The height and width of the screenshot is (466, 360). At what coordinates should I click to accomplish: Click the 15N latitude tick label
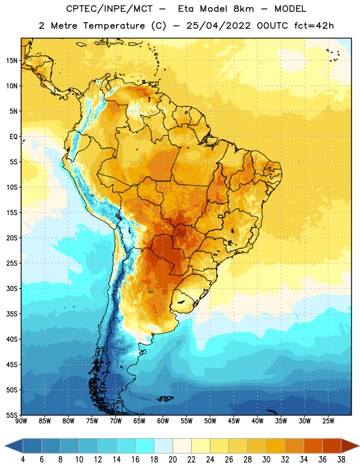tap(12, 61)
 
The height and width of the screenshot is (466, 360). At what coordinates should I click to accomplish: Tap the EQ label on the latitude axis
tap(13, 137)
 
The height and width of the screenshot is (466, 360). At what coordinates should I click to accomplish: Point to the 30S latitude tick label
tap(12, 288)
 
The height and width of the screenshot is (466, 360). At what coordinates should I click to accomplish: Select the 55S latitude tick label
tap(12, 415)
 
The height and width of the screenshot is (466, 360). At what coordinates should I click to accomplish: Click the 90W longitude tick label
tap(21, 421)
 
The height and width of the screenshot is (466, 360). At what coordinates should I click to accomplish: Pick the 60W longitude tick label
tap(163, 421)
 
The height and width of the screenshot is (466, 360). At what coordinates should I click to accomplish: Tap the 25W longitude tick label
tap(328, 421)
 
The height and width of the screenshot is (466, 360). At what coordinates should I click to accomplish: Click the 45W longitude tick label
tap(234, 421)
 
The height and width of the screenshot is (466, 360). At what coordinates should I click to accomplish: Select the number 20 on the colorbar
tap(172, 460)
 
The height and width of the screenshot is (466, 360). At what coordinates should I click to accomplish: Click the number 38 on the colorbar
tap(341, 460)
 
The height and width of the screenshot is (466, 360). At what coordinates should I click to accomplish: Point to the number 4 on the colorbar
tap(23, 460)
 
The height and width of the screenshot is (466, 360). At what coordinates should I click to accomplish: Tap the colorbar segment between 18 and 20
tap(163, 446)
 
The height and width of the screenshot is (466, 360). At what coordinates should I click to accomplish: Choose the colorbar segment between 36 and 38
tap(332, 446)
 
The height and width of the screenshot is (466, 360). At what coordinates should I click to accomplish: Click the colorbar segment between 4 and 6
tap(32, 446)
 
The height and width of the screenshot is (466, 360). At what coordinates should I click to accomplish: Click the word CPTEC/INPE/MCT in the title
tap(110, 9)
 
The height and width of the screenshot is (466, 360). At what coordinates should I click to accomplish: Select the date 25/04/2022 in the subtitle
tap(218, 26)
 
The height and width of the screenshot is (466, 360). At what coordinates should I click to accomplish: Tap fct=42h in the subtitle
tap(314, 26)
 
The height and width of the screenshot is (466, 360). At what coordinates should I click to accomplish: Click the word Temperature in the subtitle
tap(114, 26)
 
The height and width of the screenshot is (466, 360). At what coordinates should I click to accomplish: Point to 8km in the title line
tap(243, 9)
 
